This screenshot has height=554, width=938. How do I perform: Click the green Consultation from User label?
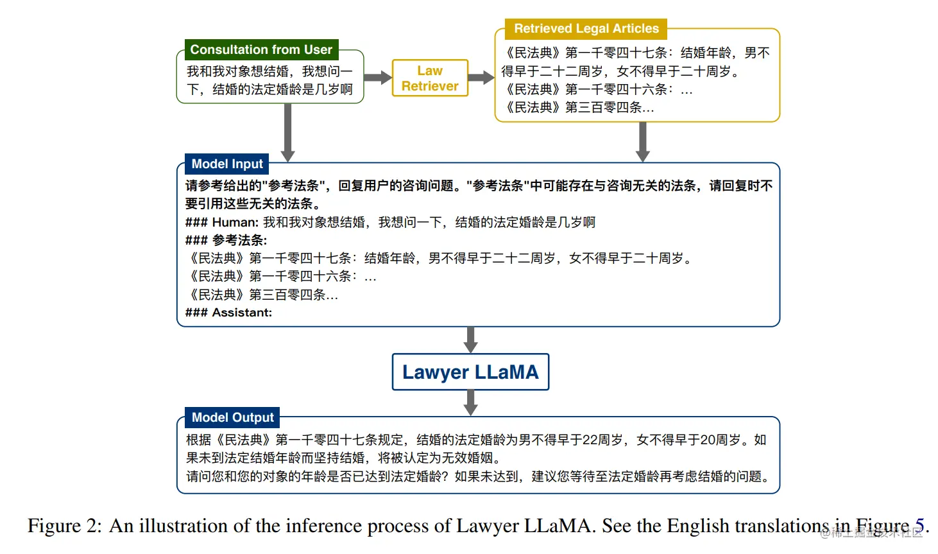261,49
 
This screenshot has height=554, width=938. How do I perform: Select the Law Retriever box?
430,78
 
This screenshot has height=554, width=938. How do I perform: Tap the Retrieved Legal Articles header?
586,29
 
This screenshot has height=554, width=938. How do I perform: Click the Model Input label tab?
227,164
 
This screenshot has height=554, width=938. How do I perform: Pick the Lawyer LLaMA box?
470,372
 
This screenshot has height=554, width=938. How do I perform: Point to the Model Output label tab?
232,417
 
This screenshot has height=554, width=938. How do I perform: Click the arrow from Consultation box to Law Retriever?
378,78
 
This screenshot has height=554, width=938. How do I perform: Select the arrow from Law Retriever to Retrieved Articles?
481,78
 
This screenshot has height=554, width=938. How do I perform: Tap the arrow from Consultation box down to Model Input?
288,132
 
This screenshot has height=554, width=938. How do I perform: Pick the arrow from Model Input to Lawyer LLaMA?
471,340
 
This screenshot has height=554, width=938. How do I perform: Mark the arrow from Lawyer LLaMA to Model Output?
471,403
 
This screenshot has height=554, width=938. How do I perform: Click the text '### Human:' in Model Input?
222,222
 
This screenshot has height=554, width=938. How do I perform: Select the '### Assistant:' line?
228,313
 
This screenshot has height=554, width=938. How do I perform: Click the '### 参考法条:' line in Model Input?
226,240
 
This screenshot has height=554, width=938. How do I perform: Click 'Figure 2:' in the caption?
64,526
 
